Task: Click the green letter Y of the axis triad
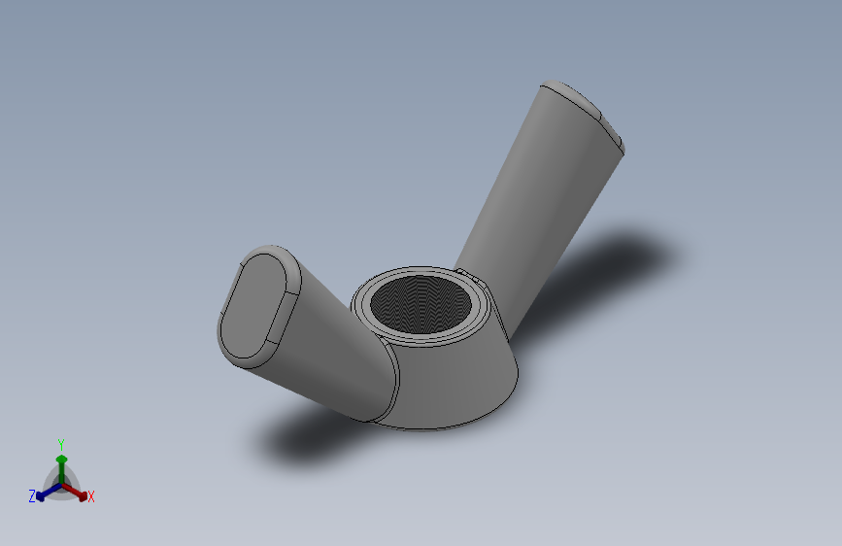[60, 444]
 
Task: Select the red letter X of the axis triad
[90, 496]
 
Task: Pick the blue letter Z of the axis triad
[32, 496]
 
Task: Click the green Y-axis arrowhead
[61, 460]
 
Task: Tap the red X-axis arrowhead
[83, 496]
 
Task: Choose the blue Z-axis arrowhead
[40, 497]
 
